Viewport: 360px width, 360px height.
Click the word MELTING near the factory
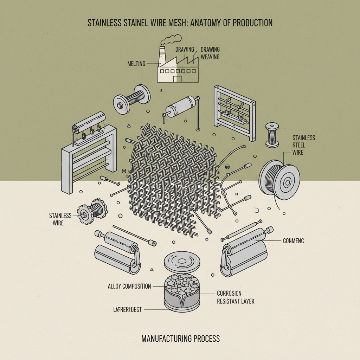coord(135,64)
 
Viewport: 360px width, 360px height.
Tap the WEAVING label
coord(210,57)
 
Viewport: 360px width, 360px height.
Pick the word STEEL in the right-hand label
coord(299,145)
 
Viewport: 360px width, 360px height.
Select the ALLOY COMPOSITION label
coord(129,286)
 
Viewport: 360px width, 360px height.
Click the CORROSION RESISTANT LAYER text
coord(235,297)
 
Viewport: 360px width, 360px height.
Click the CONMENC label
coord(293,241)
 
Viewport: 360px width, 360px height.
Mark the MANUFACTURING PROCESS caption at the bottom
coord(180,339)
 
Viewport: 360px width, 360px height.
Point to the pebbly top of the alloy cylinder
coord(182,283)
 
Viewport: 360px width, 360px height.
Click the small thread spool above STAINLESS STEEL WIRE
coord(272,135)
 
